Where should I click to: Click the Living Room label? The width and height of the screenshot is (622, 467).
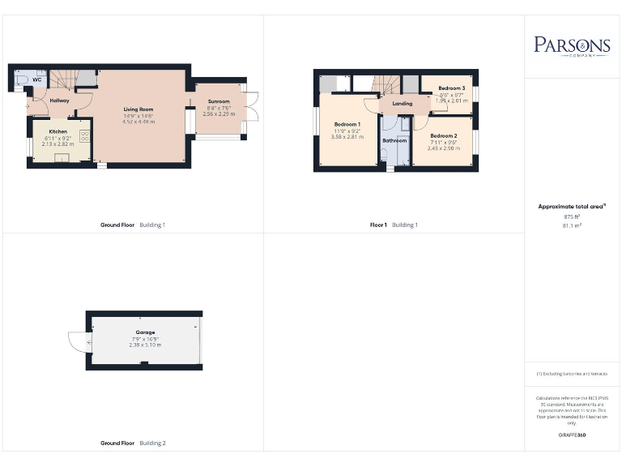(x=138, y=109)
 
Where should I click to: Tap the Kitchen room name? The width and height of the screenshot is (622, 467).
(x=58, y=131)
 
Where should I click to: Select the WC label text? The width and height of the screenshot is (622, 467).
(x=37, y=79)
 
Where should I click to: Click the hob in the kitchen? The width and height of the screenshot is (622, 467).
(x=84, y=137)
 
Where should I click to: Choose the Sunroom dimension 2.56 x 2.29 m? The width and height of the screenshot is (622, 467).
(x=219, y=114)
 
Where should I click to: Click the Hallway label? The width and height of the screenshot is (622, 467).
(x=59, y=100)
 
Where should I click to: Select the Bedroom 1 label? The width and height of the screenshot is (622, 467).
(x=347, y=124)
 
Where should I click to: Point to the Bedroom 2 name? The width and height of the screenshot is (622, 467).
(x=444, y=135)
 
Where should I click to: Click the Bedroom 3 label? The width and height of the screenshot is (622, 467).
(x=452, y=88)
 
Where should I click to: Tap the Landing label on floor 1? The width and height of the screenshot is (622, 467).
(x=403, y=103)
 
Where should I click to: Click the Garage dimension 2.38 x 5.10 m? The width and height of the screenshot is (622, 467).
(x=145, y=345)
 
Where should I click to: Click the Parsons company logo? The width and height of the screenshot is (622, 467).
(x=572, y=45)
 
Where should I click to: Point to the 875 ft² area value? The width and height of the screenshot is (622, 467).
(x=572, y=217)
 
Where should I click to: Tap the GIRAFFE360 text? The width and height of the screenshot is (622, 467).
(x=572, y=435)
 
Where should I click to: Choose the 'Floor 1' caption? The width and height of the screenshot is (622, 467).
(x=378, y=225)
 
